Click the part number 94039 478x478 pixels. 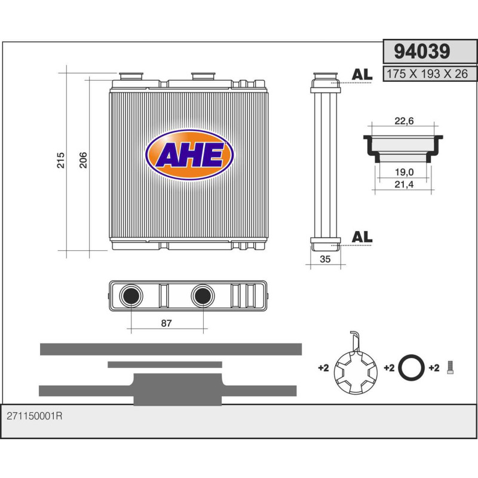click(422, 51)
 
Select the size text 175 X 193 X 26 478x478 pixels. click(427, 73)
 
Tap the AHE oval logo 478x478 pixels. click(189, 155)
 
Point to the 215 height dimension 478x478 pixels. click(61, 160)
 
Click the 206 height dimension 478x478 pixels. click(83, 160)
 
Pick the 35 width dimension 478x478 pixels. click(325, 259)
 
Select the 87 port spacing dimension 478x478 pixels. click(167, 323)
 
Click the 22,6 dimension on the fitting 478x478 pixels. click(405, 121)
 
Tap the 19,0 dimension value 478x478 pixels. click(405, 172)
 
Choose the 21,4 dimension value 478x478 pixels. click(405, 185)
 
